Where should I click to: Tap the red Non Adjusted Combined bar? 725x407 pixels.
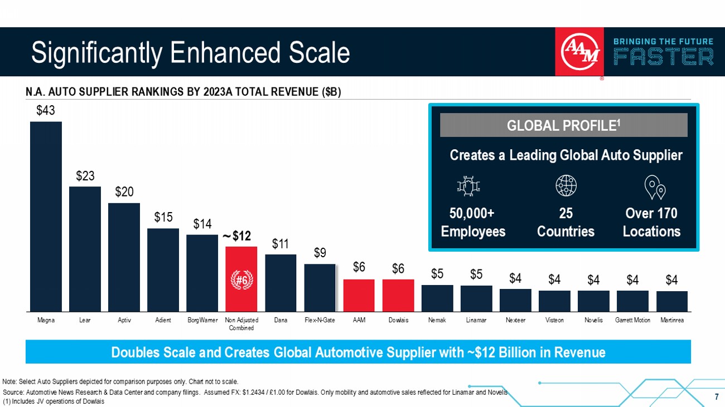[241, 262]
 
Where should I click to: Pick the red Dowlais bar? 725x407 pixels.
[398, 295]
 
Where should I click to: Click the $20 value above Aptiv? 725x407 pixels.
[124, 192]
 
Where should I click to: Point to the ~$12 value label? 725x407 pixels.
[236, 236]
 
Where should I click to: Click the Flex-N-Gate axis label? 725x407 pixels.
[320, 320]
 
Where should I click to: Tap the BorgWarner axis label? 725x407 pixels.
[202, 320]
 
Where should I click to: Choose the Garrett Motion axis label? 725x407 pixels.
[632, 320]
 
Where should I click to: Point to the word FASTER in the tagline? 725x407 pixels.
[663, 57]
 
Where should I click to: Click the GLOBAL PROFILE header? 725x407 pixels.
[563, 125]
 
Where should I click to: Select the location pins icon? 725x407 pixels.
[655, 188]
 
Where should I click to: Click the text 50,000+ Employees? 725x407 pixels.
[473, 222]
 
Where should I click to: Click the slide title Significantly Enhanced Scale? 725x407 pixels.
[191, 53]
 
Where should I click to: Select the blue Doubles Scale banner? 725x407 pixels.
[358, 352]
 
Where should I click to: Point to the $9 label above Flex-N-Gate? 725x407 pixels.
[320, 253]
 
